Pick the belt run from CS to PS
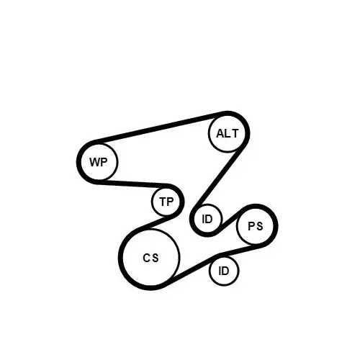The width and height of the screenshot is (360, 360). [x=214, y=261]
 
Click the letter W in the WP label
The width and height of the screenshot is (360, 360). [x=94, y=162]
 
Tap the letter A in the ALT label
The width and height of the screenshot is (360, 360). [x=220, y=133]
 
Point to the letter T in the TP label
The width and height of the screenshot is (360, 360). [x=163, y=202]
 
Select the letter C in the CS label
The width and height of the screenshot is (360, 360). [x=146, y=258]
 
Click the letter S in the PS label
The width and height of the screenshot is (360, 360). [x=259, y=226]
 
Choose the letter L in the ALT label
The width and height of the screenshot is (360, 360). [x=228, y=133]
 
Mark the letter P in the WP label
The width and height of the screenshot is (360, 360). [x=104, y=162]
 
